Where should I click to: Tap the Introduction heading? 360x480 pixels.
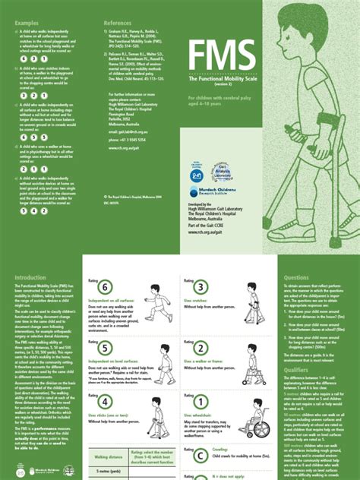pyautogui.click(x=30, y=278)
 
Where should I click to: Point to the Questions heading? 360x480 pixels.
pyautogui.click(x=296, y=278)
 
